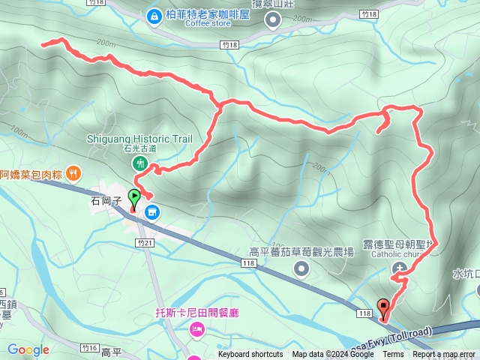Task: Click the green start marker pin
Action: (135, 199)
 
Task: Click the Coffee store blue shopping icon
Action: (154, 15)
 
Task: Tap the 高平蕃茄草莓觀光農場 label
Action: (301, 253)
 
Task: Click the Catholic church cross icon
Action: (405, 268)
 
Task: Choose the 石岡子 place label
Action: (105, 201)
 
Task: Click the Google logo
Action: (28, 349)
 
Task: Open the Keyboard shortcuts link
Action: (250, 355)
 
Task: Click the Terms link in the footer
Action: (393, 355)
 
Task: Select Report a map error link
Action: (445, 355)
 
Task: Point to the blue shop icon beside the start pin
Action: (152, 213)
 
